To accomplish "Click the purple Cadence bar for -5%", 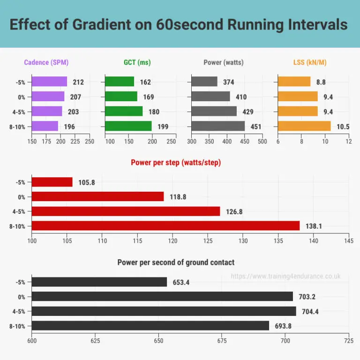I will coord(49,82).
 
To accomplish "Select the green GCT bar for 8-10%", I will coord(128,126).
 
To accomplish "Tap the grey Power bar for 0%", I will coord(210,97).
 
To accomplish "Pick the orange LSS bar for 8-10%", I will coord(304,126).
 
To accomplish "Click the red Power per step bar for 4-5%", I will coord(126,211).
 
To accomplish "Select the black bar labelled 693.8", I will coord(150,326).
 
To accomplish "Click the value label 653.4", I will coord(180,282).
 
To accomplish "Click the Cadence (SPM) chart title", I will coord(46,62).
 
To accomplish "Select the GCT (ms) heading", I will coord(137,62).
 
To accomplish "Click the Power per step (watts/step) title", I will coord(176,163).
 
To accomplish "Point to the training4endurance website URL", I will coord(285,277).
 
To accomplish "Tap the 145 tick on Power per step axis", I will coord(348,241).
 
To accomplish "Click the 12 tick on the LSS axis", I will coord(348,142).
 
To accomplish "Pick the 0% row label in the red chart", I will coord(21,197).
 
